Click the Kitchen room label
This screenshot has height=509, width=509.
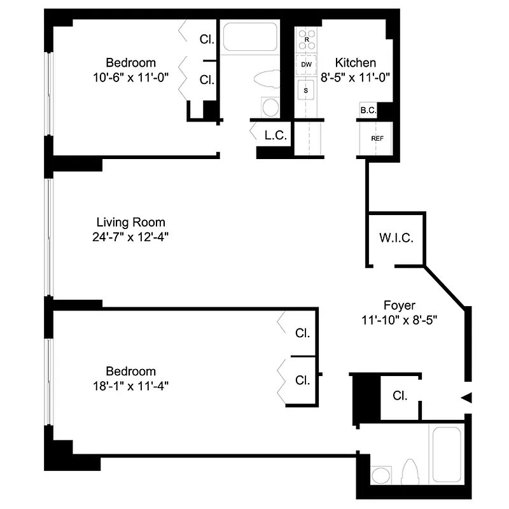click(x=356, y=63)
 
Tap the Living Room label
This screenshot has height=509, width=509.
click(x=130, y=222)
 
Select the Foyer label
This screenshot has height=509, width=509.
click(x=400, y=305)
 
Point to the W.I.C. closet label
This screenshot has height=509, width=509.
click(x=396, y=239)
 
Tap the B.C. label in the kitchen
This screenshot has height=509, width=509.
click(x=368, y=110)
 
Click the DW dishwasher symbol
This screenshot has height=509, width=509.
click(x=307, y=64)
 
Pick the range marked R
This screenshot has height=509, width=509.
click(x=307, y=39)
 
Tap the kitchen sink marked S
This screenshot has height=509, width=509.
click(x=306, y=90)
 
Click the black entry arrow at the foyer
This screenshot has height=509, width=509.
click(x=466, y=398)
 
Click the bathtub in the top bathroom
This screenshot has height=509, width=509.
click(x=250, y=38)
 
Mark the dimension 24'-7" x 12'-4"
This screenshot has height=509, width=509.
click(x=130, y=237)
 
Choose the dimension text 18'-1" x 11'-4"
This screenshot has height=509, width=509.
click(x=130, y=386)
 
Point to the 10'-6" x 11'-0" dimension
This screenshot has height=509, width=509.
click(x=130, y=78)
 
